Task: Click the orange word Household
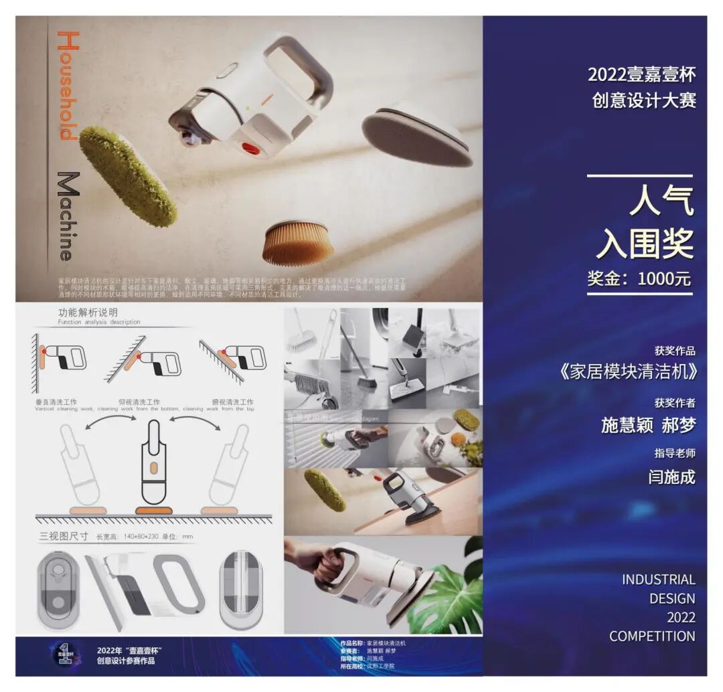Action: coord(68,86)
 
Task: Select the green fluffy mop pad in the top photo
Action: coord(128,175)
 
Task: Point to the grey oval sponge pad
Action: coord(416,133)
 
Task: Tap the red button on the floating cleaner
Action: coord(249,148)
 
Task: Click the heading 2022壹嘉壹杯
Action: coord(641,74)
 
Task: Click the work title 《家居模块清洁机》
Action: coord(627,372)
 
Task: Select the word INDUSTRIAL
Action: coord(659,580)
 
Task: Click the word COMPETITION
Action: coord(652,636)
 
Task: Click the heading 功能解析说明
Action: coord(88,312)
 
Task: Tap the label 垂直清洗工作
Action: coord(61,402)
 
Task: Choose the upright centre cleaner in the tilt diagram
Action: coord(153,465)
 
